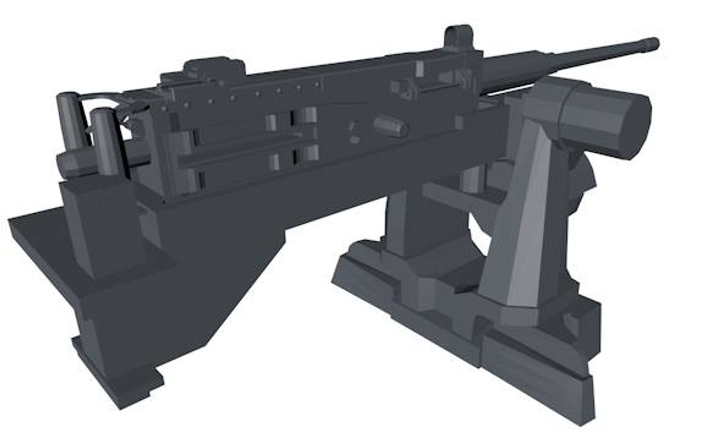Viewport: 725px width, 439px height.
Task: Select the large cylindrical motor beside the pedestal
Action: [606, 122]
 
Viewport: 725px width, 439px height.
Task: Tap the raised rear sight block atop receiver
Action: [213, 67]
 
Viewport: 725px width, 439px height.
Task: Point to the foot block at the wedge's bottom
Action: [118, 382]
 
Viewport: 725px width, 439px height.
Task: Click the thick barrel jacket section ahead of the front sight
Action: [508, 73]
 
